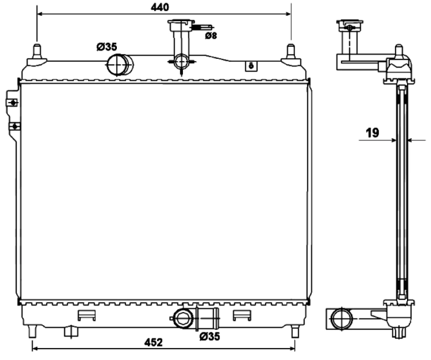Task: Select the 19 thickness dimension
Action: pyautogui.click(x=372, y=133)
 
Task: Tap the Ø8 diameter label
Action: pyautogui.click(x=211, y=36)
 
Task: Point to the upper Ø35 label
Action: pyautogui.click(x=107, y=47)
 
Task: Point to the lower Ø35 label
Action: pyautogui.click(x=210, y=337)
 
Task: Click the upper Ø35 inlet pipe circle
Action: pyautogui.click(x=118, y=64)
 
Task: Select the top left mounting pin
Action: pyautogui.click(x=37, y=52)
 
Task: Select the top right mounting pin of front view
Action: pyautogui.click(x=291, y=52)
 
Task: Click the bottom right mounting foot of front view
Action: pyautogui.click(x=294, y=331)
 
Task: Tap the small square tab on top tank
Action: pyautogui.click(x=251, y=66)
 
